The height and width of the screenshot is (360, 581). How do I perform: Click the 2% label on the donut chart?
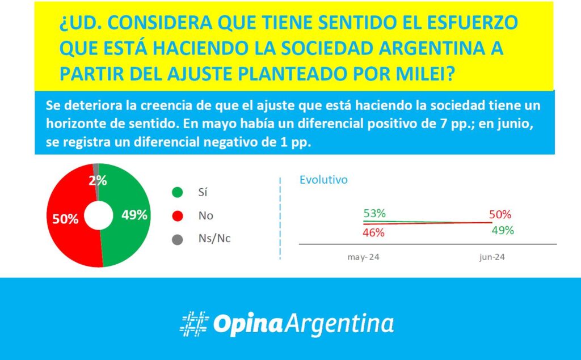98,181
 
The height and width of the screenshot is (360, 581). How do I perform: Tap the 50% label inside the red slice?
65,219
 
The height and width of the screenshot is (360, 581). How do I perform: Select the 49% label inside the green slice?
134,215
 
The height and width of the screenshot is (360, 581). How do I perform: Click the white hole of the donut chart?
99,215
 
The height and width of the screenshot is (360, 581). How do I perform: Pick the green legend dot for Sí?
178,192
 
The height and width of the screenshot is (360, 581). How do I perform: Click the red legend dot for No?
178,216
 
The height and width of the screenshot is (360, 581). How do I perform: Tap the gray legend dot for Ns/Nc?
178,240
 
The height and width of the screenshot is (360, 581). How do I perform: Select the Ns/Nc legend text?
214,239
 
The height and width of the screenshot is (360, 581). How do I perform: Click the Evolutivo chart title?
323,180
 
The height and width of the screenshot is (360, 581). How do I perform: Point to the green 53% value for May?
374,213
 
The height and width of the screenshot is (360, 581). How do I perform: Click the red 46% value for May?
373,232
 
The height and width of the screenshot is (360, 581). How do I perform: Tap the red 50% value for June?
500,214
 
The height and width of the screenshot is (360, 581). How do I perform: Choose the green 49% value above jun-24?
503,230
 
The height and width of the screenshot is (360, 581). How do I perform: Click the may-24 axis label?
364,257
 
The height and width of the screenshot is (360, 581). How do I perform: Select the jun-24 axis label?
492,257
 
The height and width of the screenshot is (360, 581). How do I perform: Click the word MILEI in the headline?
425,74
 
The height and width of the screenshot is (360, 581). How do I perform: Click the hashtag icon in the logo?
195,324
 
